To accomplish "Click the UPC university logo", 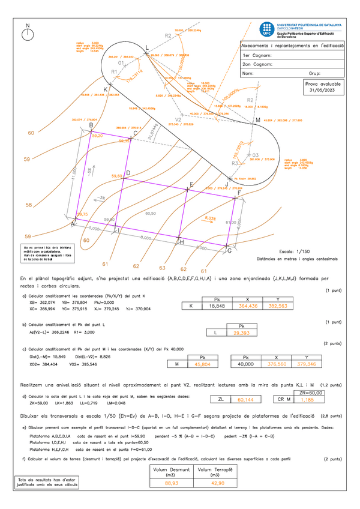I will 266,29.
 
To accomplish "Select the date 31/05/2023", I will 323,92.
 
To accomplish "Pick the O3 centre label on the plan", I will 254,154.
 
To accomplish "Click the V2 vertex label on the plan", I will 178,119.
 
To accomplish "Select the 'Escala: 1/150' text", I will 295,251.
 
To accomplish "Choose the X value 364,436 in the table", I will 247,306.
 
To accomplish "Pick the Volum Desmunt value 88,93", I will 171,482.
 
